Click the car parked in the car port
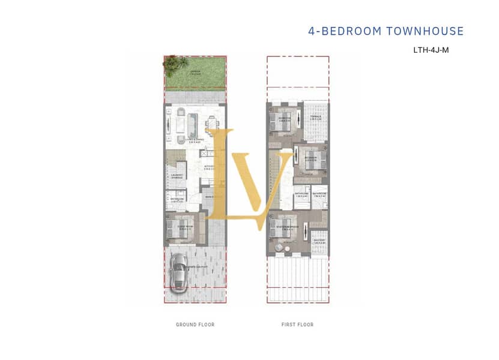click(179, 274)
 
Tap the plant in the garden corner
click(173, 62)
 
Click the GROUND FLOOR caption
click(195, 325)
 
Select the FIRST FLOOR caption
click(297, 325)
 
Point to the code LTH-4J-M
click(431, 50)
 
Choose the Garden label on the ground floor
click(195, 72)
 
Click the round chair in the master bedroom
click(279, 248)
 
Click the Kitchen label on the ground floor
click(210, 167)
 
